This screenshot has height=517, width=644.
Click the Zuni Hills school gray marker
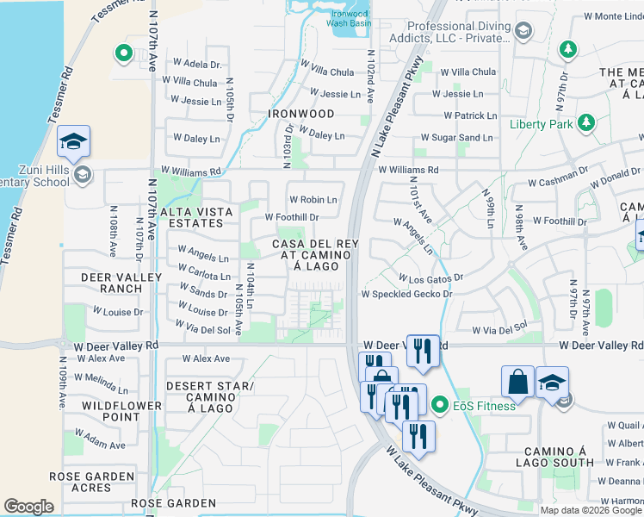[82, 176]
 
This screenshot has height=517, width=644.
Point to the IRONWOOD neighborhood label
[300, 114]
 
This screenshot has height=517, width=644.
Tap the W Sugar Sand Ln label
[456, 137]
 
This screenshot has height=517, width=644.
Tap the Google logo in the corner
[28, 507]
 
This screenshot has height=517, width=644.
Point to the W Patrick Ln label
[470, 115]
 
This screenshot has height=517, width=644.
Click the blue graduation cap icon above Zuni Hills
[74, 140]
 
